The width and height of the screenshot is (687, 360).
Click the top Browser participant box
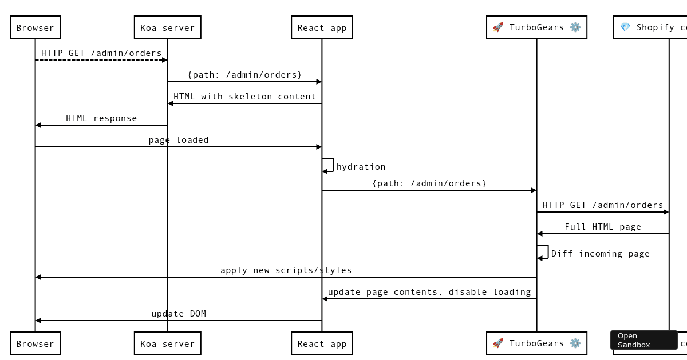click(35, 27)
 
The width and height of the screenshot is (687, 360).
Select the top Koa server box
click(167, 27)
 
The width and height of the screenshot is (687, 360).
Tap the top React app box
click(322, 27)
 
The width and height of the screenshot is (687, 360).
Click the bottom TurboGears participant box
click(536, 343)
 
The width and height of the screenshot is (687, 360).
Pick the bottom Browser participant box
click(35, 343)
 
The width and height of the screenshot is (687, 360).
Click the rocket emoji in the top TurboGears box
click(498, 27)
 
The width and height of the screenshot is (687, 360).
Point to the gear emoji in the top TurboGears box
click(575, 27)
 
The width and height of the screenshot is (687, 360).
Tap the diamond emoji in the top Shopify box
click(625, 27)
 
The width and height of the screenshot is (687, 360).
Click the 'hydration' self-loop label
click(361, 167)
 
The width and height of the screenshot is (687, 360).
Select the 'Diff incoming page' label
click(600, 254)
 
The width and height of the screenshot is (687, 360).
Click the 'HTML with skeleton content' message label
click(244, 97)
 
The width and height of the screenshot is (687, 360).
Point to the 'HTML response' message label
click(101, 118)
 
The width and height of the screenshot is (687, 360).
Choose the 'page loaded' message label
click(179, 140)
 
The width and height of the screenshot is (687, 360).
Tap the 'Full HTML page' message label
click(603, 227)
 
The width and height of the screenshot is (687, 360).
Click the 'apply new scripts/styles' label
click(286, 270)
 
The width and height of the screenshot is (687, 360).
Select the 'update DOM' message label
click(179, 314)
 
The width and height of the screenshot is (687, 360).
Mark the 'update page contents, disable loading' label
click(429, 292)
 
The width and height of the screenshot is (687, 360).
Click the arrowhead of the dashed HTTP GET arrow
click(164, 60)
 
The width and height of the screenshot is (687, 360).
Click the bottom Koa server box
click(167, 343)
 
